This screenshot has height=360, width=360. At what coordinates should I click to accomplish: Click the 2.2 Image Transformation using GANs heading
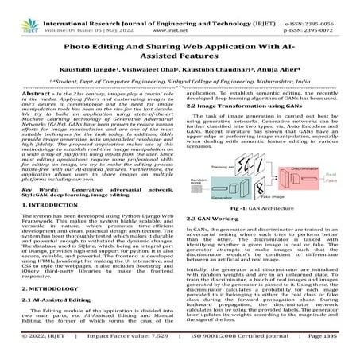click(x=246, y=104)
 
